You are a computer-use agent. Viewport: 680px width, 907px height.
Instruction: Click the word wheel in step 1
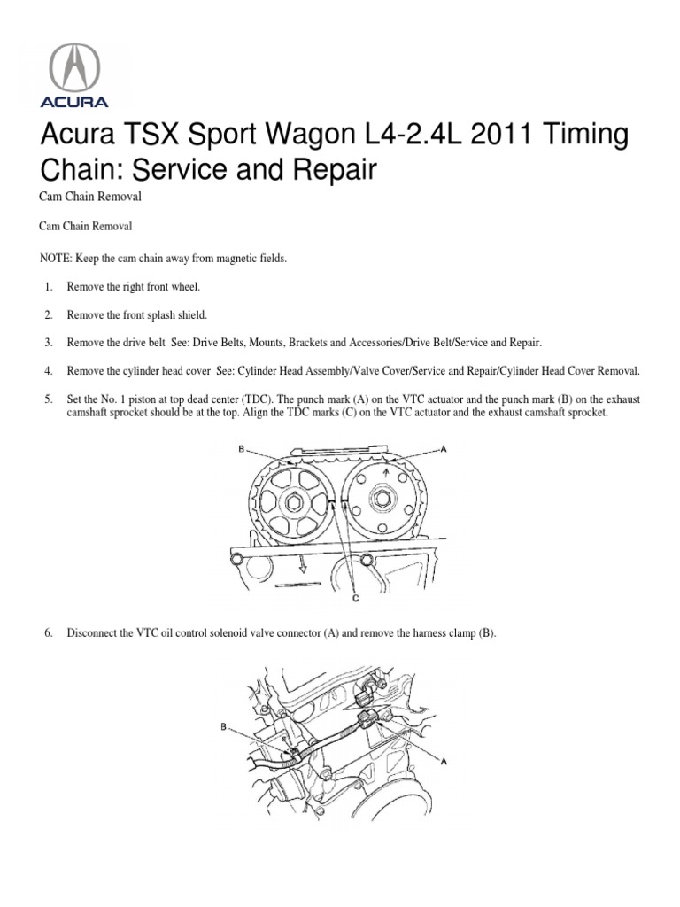tap(184, 286)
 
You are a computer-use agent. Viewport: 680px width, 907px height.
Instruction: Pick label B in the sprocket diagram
tap(240, 449)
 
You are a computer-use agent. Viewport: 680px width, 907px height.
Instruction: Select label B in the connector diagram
tap(224, 726)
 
